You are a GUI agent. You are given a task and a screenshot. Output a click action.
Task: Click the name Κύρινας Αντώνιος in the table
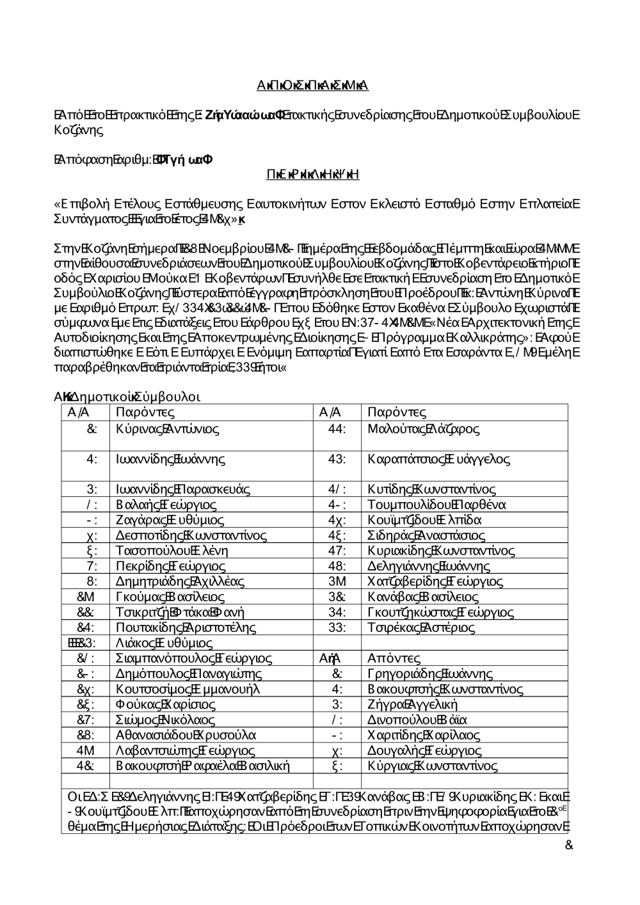tap(168, 429)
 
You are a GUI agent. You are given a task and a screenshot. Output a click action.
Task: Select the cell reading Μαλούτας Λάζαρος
tap(424, 429)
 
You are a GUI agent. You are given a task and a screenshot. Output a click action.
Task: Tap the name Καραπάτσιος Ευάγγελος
tap(439, 459)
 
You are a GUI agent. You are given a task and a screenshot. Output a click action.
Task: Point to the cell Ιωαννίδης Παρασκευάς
tap(183, 489)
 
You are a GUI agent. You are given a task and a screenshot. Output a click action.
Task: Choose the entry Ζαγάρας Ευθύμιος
tap(170, 520)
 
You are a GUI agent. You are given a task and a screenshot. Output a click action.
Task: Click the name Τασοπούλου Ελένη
tap(172, 550)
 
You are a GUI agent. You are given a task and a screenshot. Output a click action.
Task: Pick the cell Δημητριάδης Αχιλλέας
tap(180, 581)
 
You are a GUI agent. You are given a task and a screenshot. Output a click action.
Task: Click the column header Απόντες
tap(394, 658)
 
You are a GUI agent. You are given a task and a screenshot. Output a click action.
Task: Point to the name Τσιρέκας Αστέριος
tap(421, 627)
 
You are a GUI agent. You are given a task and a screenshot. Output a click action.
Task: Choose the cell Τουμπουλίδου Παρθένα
tap(437, 505)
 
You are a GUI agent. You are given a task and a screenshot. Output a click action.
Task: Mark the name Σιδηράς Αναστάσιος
tap(426, 535)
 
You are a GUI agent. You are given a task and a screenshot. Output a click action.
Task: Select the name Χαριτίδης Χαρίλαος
tap(424, 735)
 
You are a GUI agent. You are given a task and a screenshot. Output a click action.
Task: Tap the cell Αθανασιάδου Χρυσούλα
tap(186, 735)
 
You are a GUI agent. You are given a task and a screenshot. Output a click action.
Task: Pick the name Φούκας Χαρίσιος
tap(166, 704)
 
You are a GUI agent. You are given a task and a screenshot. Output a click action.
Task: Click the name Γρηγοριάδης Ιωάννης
tap(430, 673)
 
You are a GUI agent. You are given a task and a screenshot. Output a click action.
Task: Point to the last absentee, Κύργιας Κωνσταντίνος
tap(433, 766)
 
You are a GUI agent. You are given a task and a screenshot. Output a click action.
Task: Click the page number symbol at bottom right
tap(569, 846)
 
